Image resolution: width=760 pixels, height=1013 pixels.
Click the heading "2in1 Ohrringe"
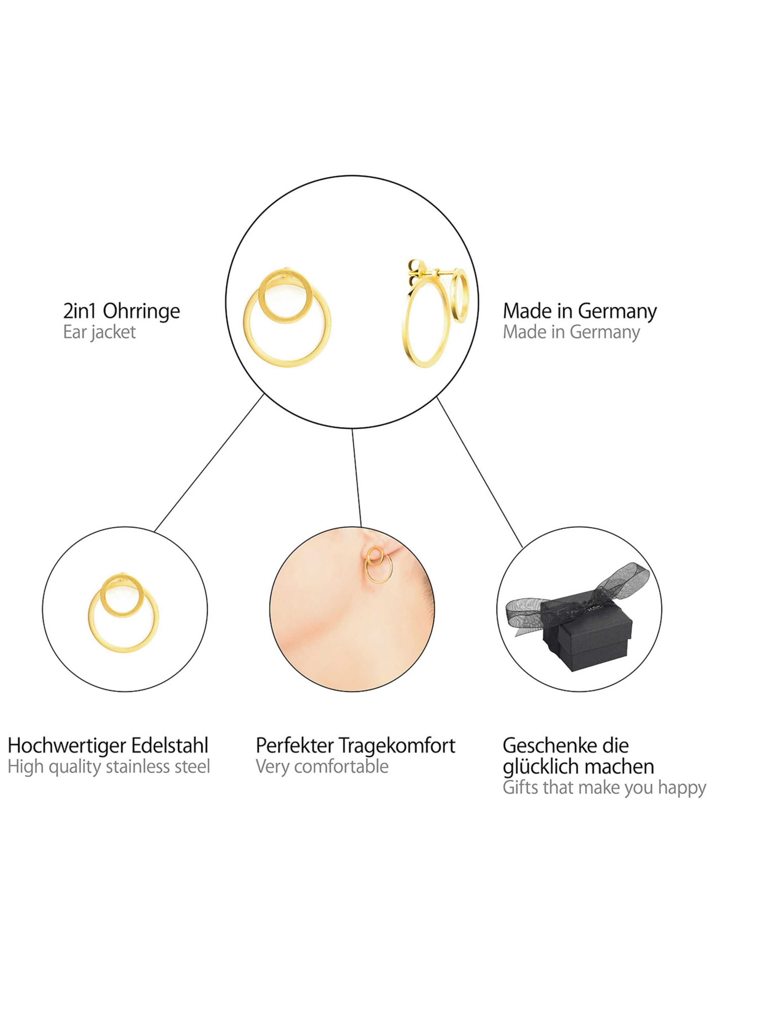pyautogui.click(x=121, y=312)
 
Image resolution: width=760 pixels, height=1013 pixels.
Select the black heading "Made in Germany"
pyautogui.click(x=579, y=312)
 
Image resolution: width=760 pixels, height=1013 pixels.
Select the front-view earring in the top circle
pyautogui.click(x=287, y=318)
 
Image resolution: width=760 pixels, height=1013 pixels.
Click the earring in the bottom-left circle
pyautogui.click(x=124, y=613)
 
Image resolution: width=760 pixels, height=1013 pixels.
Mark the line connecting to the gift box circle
pyautogui.click(x=480, y=472)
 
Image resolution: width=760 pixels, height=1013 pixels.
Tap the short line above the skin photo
pyautogui.click(x=356, y=478)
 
